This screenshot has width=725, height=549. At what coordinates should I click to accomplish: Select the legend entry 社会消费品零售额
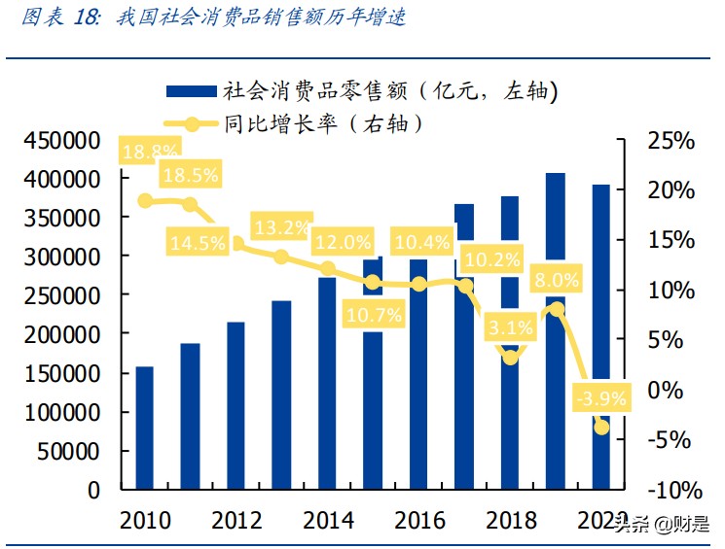(x=389, y=91)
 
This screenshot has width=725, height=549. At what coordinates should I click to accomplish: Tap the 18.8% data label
(x=151, y=151)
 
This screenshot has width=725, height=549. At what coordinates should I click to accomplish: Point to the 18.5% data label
(x=191, y=176)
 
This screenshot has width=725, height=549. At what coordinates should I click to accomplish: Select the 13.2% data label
(x=282, y=228)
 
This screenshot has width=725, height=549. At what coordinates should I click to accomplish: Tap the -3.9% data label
(x=601, y=397)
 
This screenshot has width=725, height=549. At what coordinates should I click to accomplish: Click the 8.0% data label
(x=556, y=281)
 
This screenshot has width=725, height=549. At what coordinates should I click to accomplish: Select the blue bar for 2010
(x=144, y=428)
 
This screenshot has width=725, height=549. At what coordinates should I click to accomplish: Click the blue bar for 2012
(x=236, y=405)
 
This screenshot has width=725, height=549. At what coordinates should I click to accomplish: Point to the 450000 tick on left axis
(x=59, y=142)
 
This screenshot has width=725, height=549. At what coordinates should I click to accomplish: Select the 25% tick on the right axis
(x=671, y=142)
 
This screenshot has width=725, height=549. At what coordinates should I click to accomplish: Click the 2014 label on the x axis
(x=328, y=520)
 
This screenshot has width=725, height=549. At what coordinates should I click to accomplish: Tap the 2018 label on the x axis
(x=511, y=520)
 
